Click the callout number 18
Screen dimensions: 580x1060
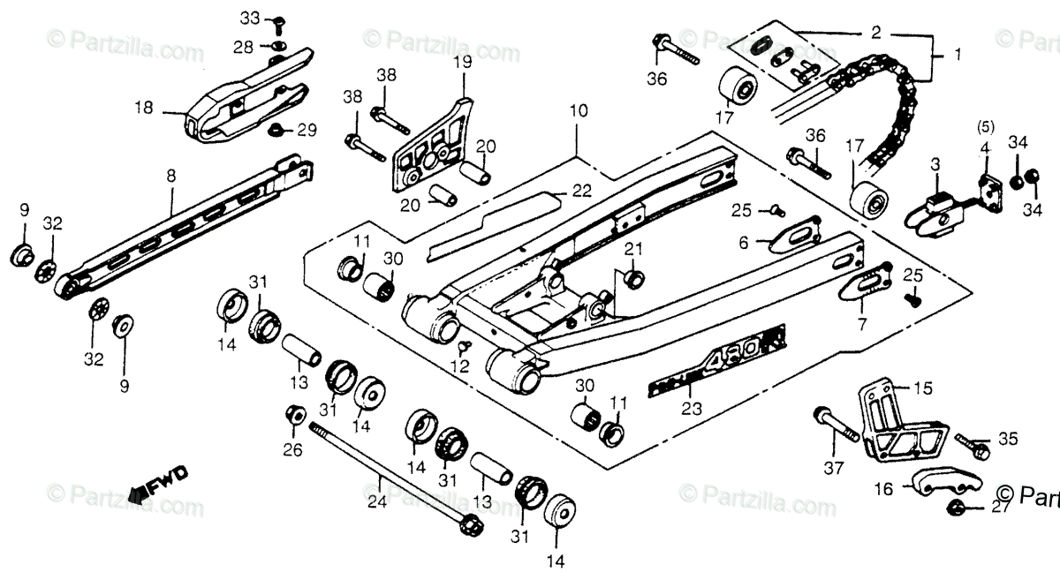tap(144, 109)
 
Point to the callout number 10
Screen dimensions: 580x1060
tap(578, 111)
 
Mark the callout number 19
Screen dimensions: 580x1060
tap(464, 62)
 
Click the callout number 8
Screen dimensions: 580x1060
tap(170, 176)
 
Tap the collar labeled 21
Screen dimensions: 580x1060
tap(632, 278)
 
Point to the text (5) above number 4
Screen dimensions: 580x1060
tap(986, 127)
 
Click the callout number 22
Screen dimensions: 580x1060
tap(579, 191)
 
